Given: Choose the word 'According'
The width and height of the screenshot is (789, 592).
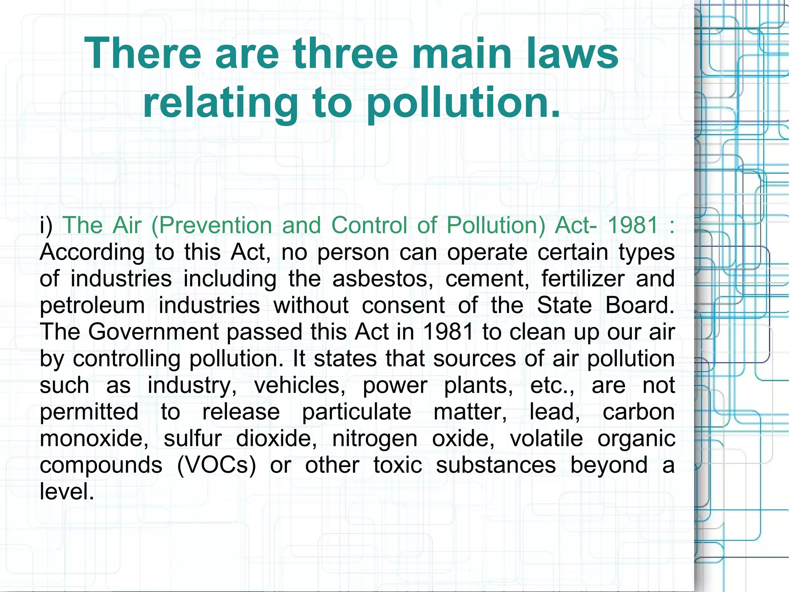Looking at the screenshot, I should pos(92,253).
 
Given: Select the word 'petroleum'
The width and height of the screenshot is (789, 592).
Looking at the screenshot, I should pos(92,306).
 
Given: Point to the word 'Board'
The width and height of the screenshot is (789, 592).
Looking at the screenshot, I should pos(640,305).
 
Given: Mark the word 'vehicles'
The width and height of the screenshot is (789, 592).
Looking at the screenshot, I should pos(300,385).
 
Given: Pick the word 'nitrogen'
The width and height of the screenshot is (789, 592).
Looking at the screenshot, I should pos(374,439).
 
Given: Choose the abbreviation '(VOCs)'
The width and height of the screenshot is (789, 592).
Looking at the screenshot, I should pos(217,465).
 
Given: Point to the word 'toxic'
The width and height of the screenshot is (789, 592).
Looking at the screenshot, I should pos(398,465).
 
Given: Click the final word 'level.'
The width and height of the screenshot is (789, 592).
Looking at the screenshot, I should pos(67,492).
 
